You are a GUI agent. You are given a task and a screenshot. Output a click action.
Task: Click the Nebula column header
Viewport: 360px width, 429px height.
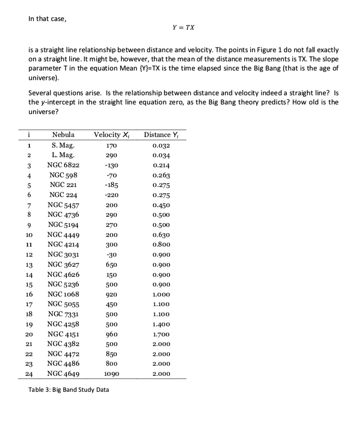click(64, 135)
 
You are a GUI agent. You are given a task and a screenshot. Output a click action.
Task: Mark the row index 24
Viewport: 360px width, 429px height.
click(29, 374)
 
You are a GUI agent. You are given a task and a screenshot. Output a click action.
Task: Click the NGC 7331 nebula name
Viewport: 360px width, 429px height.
click(64, 314)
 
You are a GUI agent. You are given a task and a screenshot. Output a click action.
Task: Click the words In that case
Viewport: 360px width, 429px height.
click(47, 19)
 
